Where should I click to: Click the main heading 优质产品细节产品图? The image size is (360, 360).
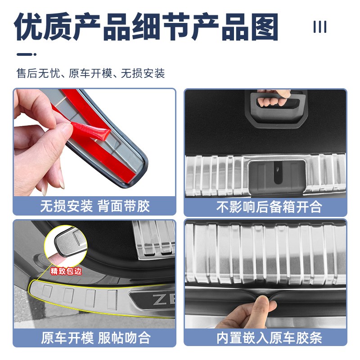click(147, 28)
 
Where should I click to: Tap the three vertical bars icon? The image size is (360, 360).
click(319, 27)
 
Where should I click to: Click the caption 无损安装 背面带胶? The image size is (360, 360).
click(94, 206)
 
